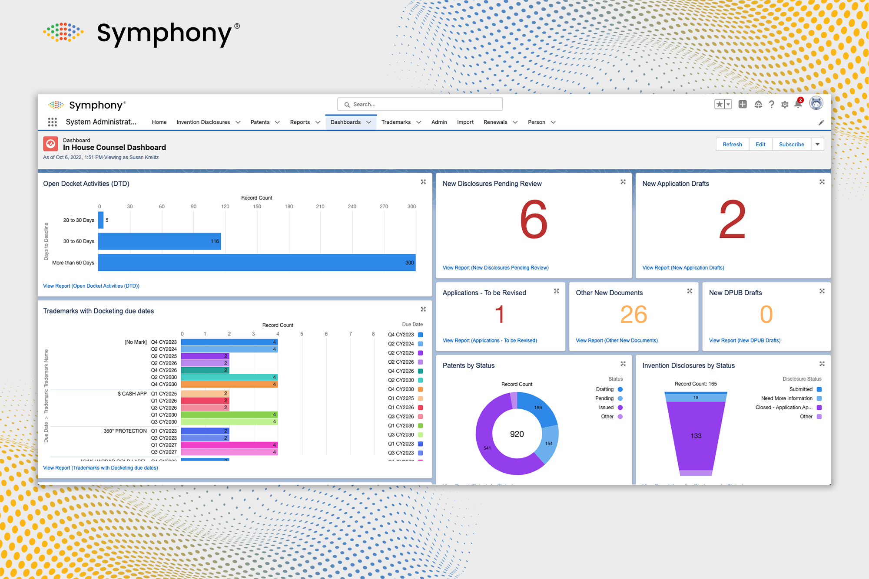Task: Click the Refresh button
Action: [x=732, y=145]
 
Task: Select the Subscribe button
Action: [x=791, y=145]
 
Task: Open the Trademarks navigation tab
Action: [x=396, y=122]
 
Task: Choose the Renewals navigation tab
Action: [x=495, y=122]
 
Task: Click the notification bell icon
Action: [x=798, y=104]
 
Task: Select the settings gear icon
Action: [x=785, y=105]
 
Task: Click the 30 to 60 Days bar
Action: [x=159, y=241]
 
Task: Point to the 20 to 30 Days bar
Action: [x=101, y=220]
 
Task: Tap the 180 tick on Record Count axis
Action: [x=289, y=207]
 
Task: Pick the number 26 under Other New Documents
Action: [x=634, y=315]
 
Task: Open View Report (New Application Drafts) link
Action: [x=683, y=268]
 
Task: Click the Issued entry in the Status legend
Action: [x=607, y=408]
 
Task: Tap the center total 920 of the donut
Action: [x=517, y=434]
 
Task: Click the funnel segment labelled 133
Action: [x=696, y=436]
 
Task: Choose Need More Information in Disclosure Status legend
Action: [x=787, y=398]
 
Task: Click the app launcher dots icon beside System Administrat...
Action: [x=53, y=122]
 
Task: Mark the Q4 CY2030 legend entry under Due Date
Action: [x=401, y=389]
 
